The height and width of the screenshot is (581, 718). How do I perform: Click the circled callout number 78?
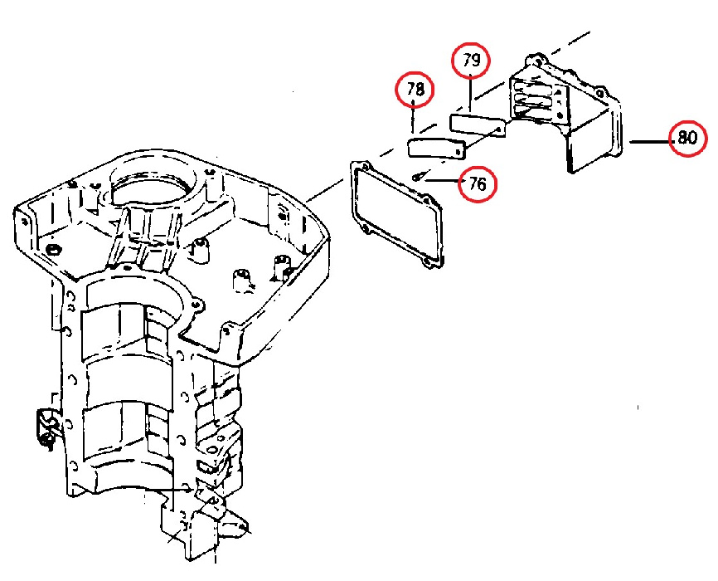pos(415,90)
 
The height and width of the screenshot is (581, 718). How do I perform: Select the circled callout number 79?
pos(471,61)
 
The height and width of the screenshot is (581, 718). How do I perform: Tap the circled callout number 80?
pos(687,138)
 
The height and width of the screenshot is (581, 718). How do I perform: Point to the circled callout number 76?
pos(478,184)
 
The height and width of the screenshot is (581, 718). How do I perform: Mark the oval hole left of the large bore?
pos(55,250)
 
